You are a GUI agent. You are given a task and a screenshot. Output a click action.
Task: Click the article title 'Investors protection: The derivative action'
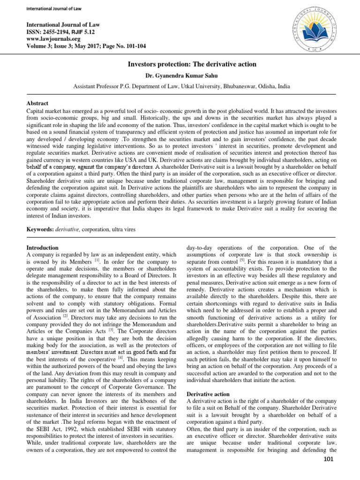coord(180,64)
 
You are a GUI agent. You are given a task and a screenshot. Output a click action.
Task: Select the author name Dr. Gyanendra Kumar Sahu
coord(180,75)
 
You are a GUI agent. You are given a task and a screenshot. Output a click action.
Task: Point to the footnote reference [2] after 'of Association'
coord(67,317)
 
